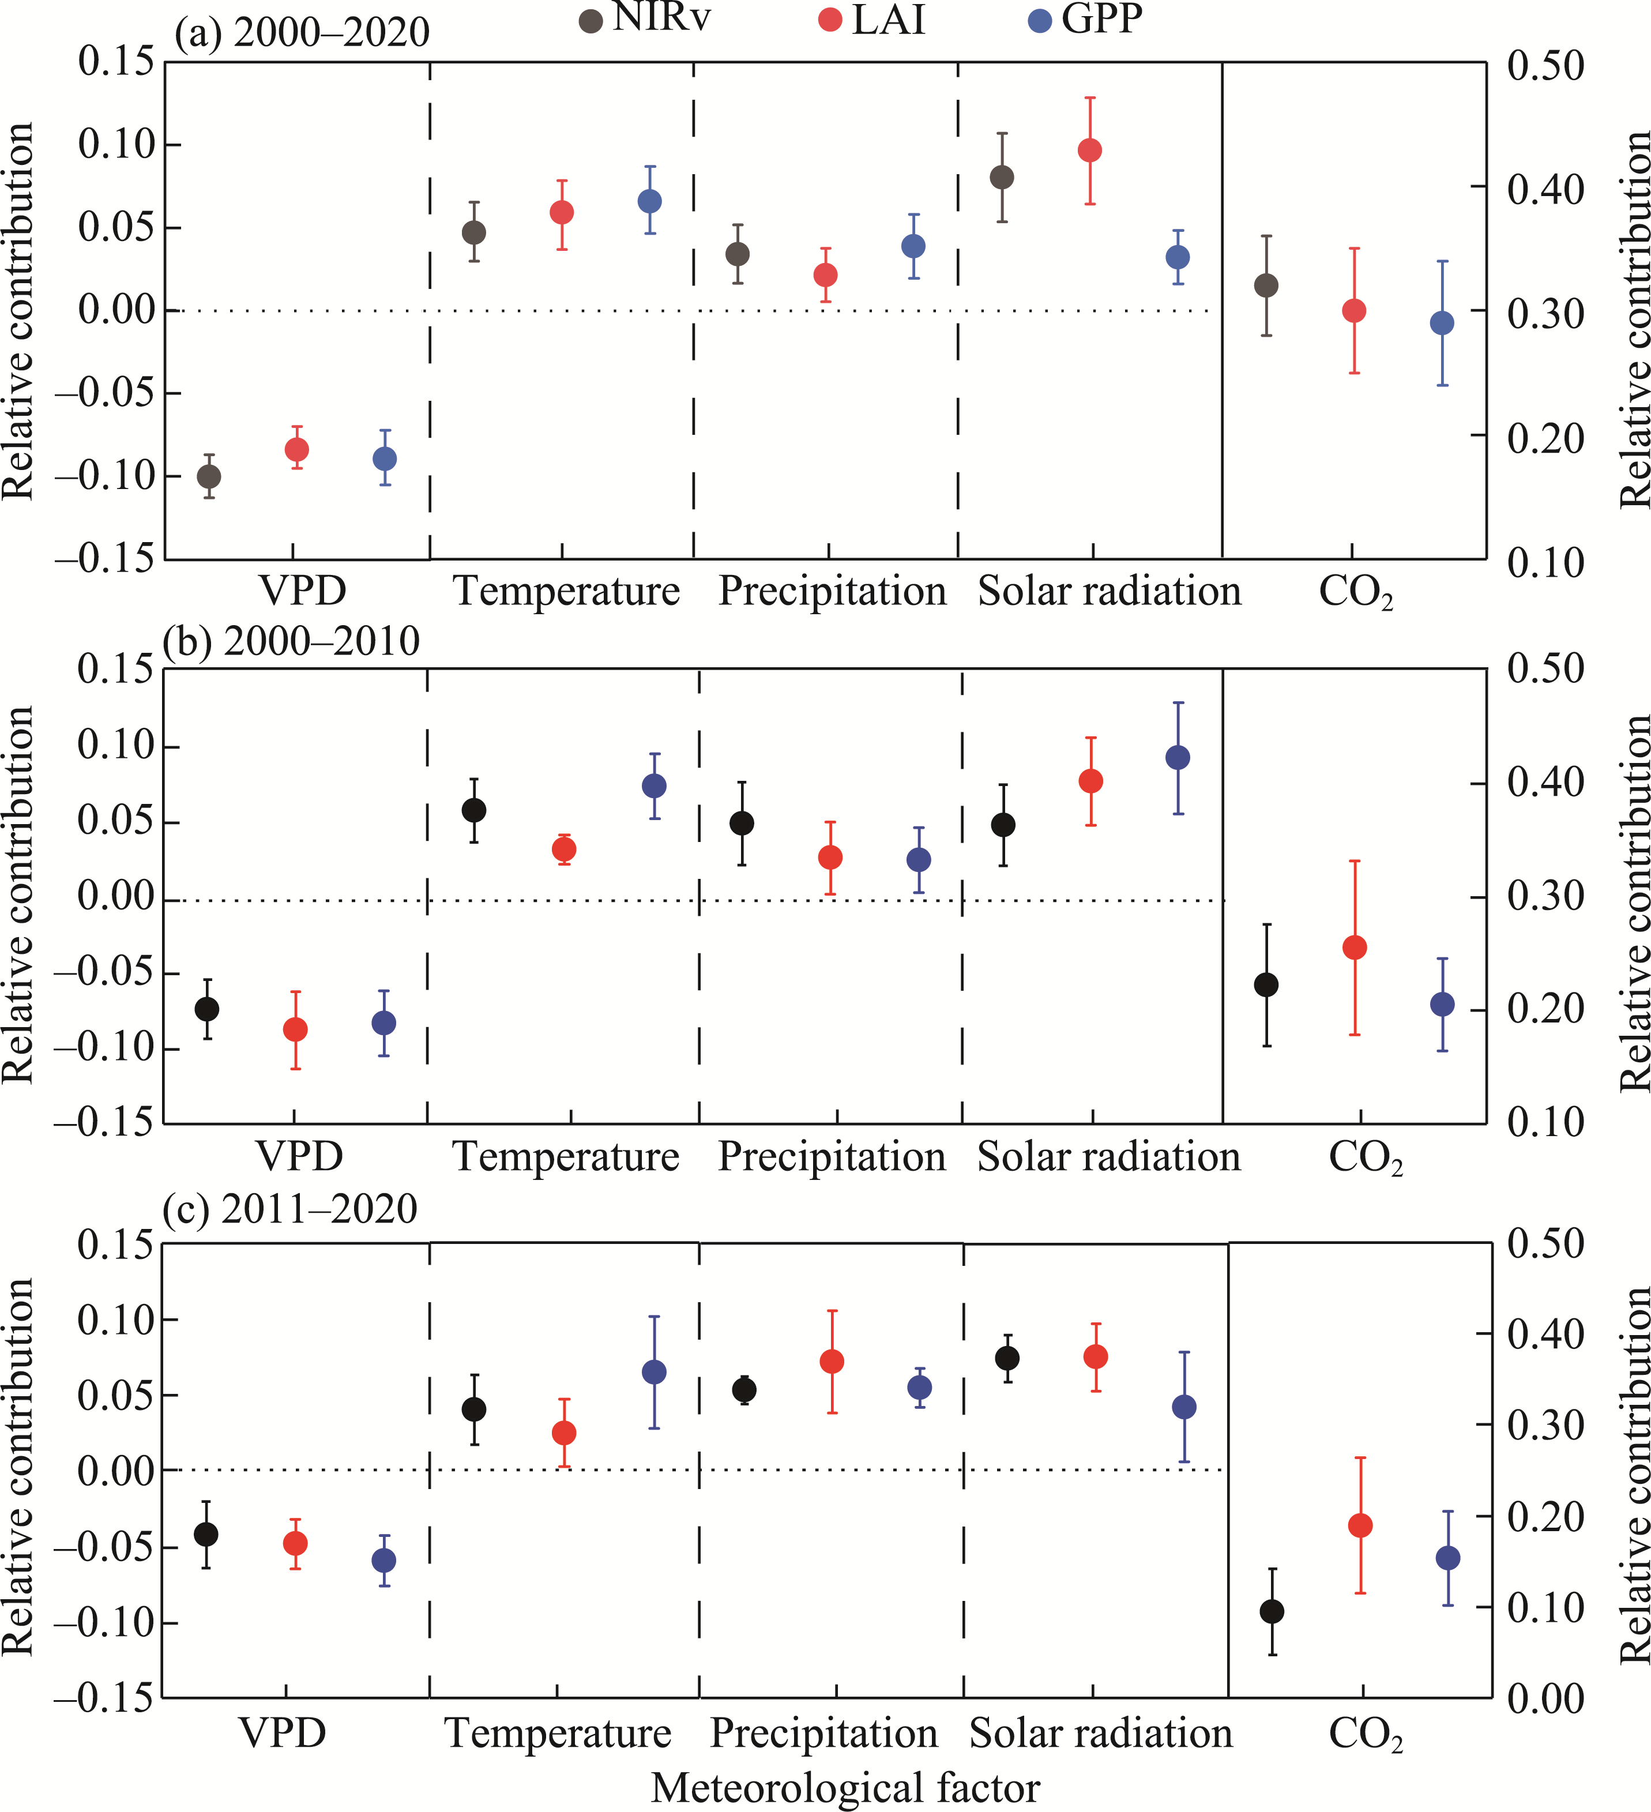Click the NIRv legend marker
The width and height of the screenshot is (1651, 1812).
click(591, 21)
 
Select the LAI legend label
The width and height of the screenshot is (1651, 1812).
click(888, 20)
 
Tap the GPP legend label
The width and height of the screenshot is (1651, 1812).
click(1102, 20)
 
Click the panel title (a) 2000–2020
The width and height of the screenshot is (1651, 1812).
click(303, 34)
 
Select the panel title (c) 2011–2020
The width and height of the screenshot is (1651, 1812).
click(290, 1210)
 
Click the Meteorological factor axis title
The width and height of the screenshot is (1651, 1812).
click(845, 1788)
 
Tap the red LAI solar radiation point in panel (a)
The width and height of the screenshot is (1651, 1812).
click(1090, 150)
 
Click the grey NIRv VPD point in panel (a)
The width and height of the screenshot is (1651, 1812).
click(209, 476)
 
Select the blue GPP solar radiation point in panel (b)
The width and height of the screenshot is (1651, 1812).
click(1178, 758)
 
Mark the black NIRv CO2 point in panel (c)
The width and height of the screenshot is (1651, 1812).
click(1272, 1611)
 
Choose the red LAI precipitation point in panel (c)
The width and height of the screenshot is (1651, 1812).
click(832, 1362)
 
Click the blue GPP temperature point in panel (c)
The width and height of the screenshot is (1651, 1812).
click(655, 1373)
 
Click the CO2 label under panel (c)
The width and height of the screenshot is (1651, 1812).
click(1364, 1734)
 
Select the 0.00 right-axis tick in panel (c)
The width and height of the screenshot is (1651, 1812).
click(1544, 1698)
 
